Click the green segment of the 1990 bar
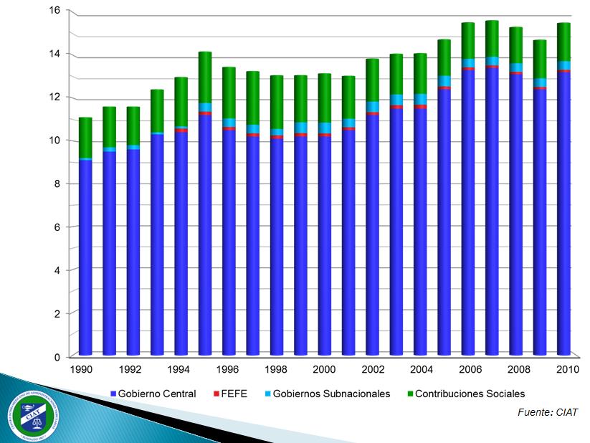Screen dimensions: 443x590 click(85, 138)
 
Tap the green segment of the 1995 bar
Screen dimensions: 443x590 click(205, 77)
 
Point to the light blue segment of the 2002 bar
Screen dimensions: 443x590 click(373, 107)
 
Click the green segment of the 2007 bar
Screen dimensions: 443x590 click(492, 39)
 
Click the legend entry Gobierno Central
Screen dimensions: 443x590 click(153, 394)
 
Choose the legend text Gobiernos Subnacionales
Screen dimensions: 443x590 click(331, 394)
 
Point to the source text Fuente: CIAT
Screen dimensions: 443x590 click(547, 412)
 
